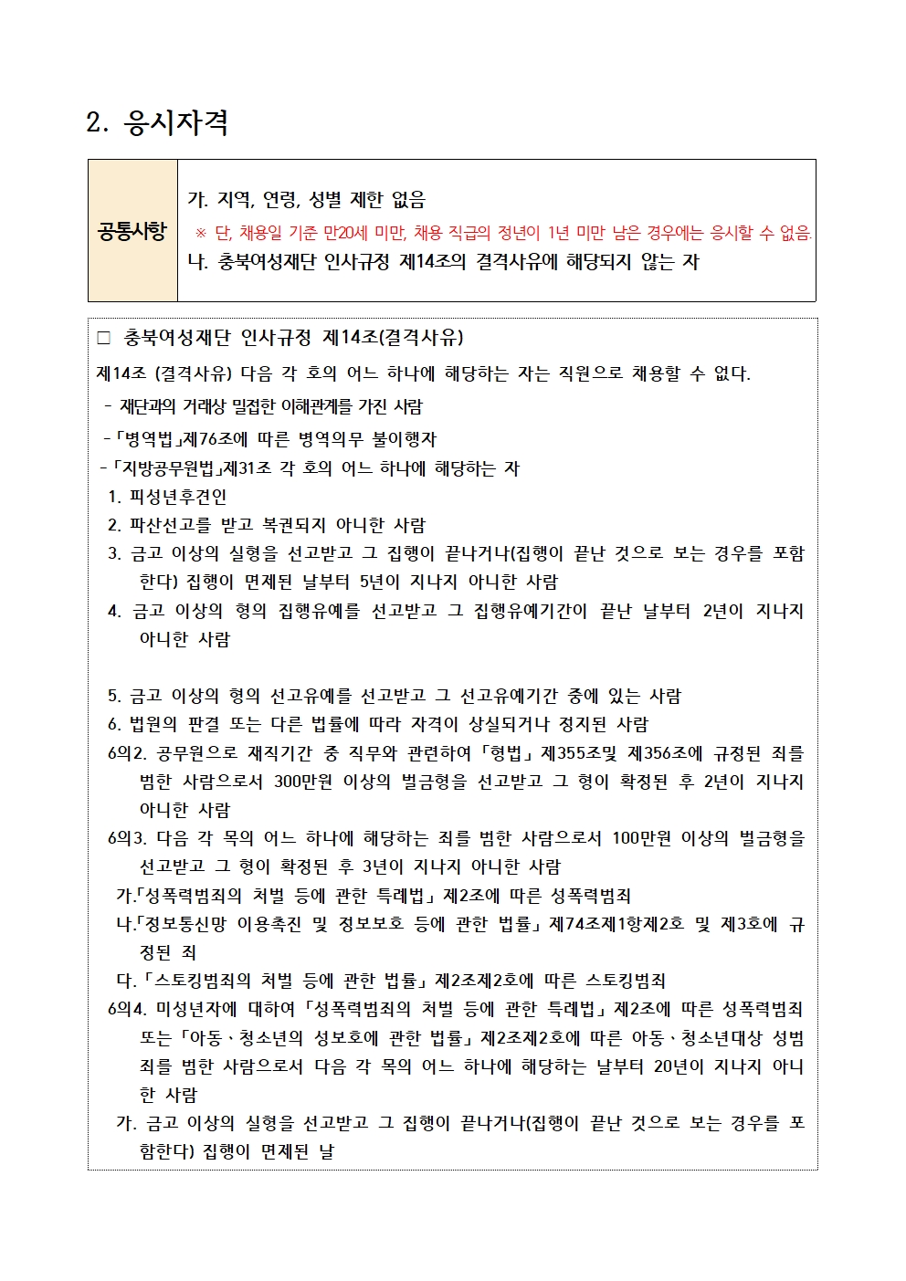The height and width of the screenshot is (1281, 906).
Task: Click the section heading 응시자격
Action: click(175, 122)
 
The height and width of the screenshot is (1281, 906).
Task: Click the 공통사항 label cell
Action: click(132, 231)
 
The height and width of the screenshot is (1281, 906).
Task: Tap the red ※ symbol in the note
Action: click(201, 233)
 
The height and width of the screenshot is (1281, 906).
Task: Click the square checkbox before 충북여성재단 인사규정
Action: click(103, 339)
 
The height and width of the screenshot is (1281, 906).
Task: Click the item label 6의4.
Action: click(127, 1010)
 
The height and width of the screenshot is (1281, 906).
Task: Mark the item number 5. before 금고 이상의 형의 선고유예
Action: click(114, 697)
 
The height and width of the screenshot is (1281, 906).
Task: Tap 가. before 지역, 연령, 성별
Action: click(197, 200)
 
